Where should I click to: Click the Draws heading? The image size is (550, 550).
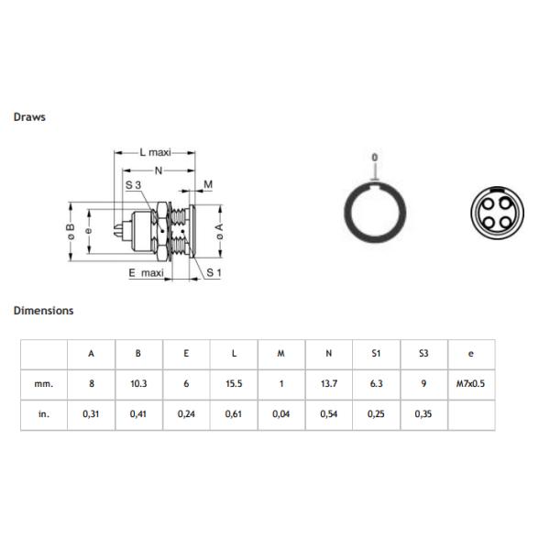[x=29, y=117]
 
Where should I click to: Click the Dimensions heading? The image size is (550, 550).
[x=43, y=311]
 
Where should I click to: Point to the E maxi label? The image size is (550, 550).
[x=147, y=273]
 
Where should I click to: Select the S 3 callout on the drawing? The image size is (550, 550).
[x=133, y=185]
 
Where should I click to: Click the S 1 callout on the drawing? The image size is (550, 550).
[x=214, y=273]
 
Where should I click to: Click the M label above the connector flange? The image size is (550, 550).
[x=208, y=185]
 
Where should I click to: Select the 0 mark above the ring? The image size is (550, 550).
[x=374, y=158]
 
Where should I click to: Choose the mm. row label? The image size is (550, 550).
[x=44, y=384]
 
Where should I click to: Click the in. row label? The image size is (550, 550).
[x=44, y=414]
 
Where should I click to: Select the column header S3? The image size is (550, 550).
[x=423, y=354]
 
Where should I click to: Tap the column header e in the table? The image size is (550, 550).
[x=471, y=354]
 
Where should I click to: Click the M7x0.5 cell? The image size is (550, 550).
[x=471, y=384]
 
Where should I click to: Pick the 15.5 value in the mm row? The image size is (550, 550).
[x=234, y=384]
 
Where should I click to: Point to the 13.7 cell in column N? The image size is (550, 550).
[x=329, y=384]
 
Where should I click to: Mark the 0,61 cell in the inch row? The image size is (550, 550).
[x=234, y=414]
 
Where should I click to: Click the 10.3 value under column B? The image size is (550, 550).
[x=138, y=384]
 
